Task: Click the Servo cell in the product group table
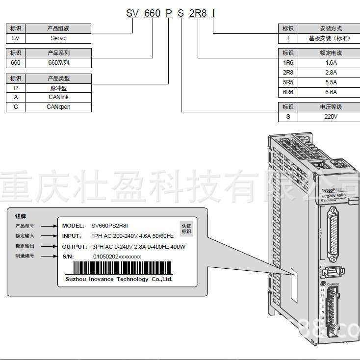point(58,38)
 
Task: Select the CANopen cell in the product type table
point(58,107)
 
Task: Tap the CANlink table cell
point(58,97)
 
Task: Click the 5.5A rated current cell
point(331,82)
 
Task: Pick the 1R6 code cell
point(288,63)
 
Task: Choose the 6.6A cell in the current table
point(331,92)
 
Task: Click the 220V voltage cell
point(331,117)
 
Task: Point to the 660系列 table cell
point(58,63)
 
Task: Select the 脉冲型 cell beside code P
point(58,88)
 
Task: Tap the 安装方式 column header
point(331,28)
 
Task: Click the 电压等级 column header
point(331,107)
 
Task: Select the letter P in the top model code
point(168,13)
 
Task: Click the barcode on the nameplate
point(123,268)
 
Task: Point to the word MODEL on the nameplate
point(73,226)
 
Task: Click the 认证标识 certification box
point(186,229)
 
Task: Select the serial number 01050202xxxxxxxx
point(117,257)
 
